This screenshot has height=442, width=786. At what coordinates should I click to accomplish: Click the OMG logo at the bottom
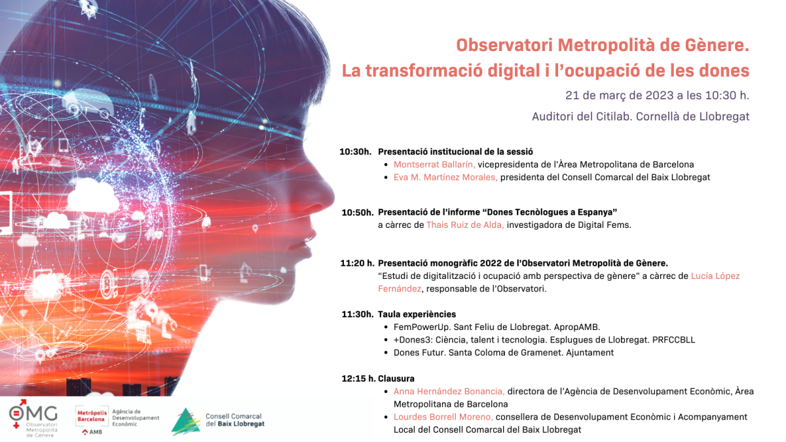pyautogui.click(x=33, y=418)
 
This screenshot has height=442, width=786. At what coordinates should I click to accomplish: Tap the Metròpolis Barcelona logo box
pyautogui.click(x=92, y=416)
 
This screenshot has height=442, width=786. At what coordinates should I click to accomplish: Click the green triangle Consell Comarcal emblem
pyautogui.click(x=185, y=421)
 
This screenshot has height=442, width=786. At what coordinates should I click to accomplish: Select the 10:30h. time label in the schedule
pyautogui.click(x=355, y=151)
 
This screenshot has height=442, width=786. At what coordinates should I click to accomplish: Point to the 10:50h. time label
pyautogui.click(x=358, y=212)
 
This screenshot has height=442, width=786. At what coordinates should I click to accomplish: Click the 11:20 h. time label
pyautogui.click(x=357, y=263)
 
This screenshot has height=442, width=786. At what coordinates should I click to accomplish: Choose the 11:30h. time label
pyautogui.click(x=358, y=314)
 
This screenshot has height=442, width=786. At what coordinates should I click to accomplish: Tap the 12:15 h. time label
pyautogui.click(x=359, y=378)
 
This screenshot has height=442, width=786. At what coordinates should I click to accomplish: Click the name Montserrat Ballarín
pyautogui.click(x=434, y=164)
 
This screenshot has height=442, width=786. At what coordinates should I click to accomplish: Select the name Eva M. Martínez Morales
pyautogui.click(x=445, y=177)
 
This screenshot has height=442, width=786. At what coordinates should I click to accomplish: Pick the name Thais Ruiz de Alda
pyautogui.click(x=465, y=225)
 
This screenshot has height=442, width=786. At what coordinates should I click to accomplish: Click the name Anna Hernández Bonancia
pyautogui.click(x=449, y=391)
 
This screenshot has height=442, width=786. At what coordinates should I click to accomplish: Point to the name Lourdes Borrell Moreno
pyautogui.click(x=443, y=416)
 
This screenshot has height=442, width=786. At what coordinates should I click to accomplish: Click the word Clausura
pyautogui.click(x=396, y=378)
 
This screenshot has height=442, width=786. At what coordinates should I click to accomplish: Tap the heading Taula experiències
pyautogui.click(x=417, y=314)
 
